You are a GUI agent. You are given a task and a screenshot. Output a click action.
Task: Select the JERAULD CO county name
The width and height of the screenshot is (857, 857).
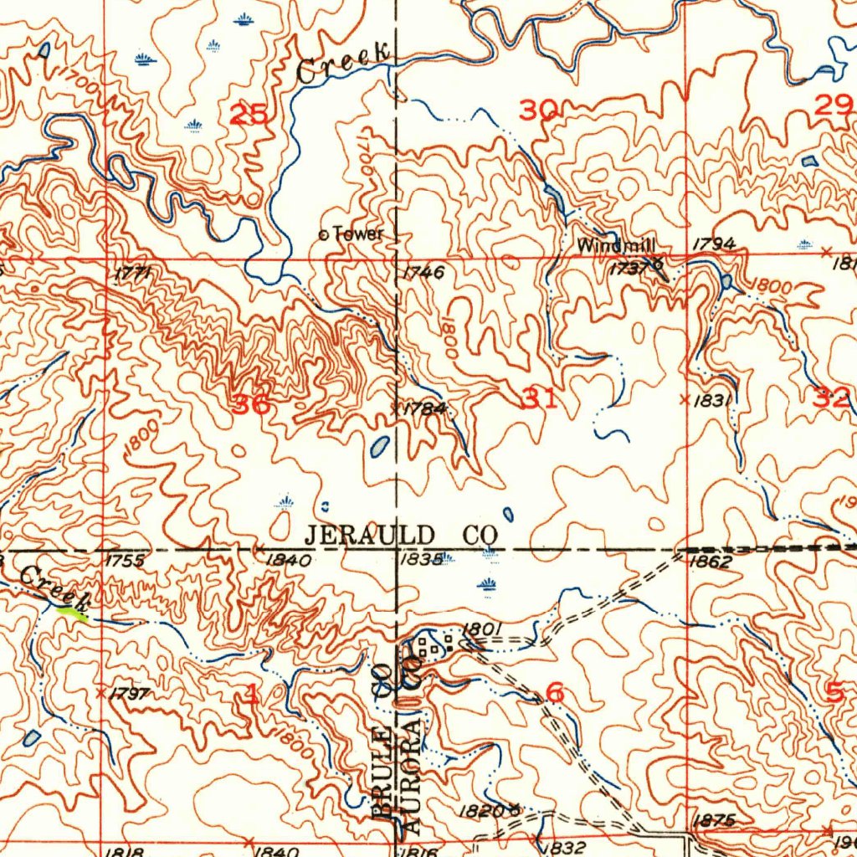(400, 534)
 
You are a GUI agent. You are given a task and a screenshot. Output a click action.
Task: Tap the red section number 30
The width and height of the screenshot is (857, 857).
(538, 110)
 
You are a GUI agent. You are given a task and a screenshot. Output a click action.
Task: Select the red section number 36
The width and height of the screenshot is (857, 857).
(252, 404)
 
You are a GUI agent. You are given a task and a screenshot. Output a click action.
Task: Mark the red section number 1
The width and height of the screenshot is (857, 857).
(252, 693)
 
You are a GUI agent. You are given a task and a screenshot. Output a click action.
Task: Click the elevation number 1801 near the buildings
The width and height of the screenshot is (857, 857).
(481, 629)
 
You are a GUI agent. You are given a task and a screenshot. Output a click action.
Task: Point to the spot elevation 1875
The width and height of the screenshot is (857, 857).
(713, 821)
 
